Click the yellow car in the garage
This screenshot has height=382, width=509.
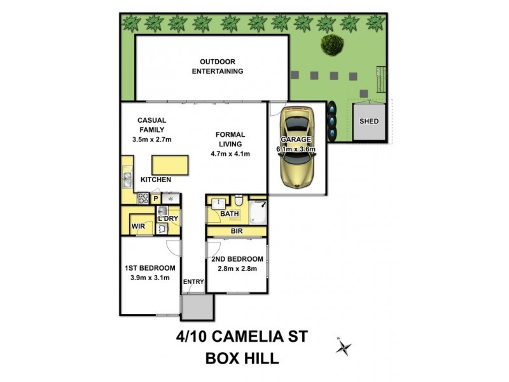296,148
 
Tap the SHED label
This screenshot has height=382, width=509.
369,121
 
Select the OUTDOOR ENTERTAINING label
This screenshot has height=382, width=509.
218,66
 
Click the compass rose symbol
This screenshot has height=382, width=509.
344,347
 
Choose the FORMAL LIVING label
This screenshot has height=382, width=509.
230,139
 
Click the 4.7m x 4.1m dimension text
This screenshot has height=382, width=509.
230,153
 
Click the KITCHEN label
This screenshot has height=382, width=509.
156,180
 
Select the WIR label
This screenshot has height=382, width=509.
139,226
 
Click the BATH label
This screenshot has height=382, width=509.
229,215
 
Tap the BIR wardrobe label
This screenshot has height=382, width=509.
237,230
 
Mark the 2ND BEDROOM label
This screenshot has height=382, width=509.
237,259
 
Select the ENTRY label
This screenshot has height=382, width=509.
193,282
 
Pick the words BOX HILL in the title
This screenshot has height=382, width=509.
242,358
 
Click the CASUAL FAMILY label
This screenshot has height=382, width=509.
152,125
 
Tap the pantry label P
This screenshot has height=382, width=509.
156,199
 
